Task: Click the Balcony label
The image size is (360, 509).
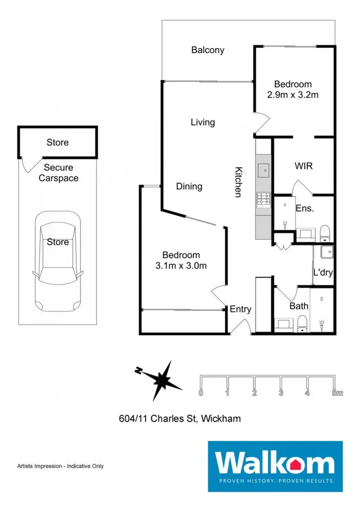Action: click(x=207, y=50)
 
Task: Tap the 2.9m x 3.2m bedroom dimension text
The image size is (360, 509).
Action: click(x=293, y=95)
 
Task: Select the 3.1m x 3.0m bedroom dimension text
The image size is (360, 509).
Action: click(x=181, y=266)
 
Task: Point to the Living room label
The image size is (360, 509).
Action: click(x=203, y=122)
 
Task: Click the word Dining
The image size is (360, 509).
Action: click(x=189, y=186)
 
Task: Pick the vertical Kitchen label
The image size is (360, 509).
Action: click(x=238, y=182)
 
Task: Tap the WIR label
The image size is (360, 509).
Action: click(x=303, y=166)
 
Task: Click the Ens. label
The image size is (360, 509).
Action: click(x=304, y=208)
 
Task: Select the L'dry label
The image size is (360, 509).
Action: click(x=323, y=272)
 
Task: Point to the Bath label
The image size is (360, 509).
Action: click(x=299, y=306)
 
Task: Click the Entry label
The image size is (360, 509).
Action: click(x=240, y=309)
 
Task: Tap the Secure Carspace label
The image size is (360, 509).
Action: click(x=59, y=173)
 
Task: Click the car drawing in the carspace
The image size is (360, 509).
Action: click(x=58, y=262)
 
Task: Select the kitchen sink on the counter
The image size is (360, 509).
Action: click(x=264, y=170)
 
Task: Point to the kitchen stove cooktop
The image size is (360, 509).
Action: click(x=264, y=199)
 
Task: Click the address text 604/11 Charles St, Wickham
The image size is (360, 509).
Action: click(x=180, y=419)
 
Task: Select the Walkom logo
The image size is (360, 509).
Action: click(x=275, y=465)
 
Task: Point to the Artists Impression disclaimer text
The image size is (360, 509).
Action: click(x=60, y=466)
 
